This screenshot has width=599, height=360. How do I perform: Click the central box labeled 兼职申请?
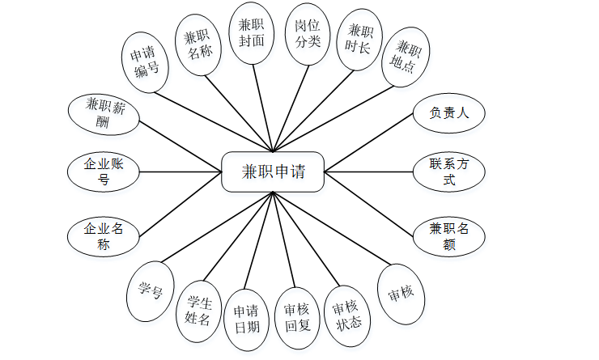(x=273, y=172)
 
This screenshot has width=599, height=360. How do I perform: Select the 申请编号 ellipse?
(x=146, y=63)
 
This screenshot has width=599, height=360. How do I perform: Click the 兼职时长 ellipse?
(x=360, y=40)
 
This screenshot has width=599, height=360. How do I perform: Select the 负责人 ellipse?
(x=449, y=112)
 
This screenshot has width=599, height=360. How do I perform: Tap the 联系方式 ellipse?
(x=449, y=172)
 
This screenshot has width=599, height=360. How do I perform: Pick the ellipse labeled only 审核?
(x=401, y=292)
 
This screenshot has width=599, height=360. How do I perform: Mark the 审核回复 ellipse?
(x=299, y=318)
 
